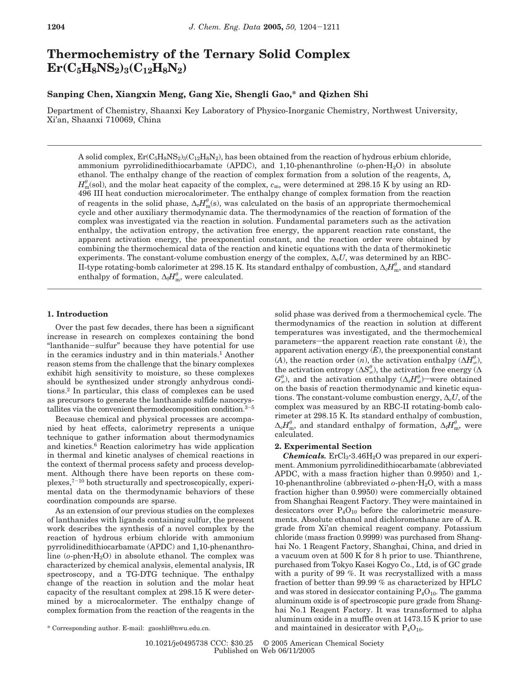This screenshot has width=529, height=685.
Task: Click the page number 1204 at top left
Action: (56, 27)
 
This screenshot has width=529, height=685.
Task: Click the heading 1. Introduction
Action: (78, 314)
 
